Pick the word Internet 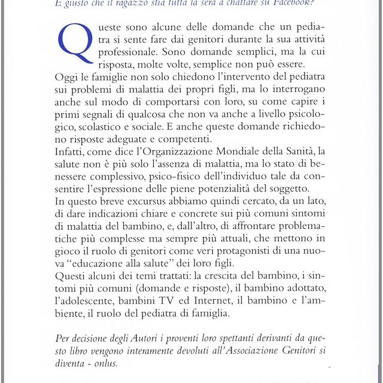(x=227, y=305)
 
